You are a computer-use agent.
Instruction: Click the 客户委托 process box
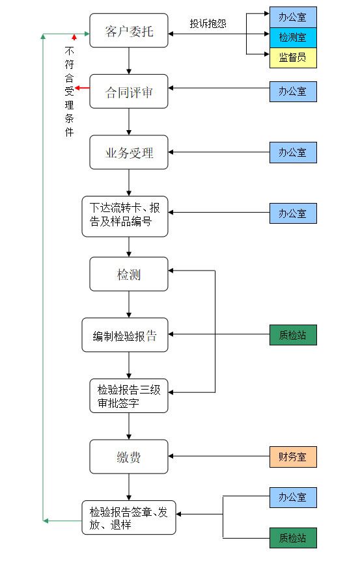tap(129, 31)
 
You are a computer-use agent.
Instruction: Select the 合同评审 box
tap(129, 92)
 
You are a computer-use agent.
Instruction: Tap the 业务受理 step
tap(129, 152)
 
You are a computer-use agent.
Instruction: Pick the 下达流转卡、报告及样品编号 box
tap(125, 217)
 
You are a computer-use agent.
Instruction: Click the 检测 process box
tap(129, 274)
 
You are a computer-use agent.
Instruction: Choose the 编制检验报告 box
tap(125, 335)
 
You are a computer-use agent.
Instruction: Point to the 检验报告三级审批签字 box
tap(129, 395)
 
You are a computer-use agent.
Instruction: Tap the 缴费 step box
tap(129, 457)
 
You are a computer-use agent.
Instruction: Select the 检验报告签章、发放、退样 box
tap(129, 518)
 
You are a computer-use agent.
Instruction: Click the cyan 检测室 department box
tap(293, 37)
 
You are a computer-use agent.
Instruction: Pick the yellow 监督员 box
tap(293, 58)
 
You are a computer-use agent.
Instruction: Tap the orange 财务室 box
tap(293, 457)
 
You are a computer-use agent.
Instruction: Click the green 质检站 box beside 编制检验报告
tap(293, 335)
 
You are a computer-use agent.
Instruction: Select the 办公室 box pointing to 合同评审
tap(293, 92)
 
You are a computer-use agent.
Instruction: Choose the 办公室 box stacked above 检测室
tap(293, 17)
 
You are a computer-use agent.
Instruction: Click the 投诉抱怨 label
tap(208, 23)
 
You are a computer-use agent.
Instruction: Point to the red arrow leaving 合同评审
tap(82, 88)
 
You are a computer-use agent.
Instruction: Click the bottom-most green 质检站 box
tap(293, 538)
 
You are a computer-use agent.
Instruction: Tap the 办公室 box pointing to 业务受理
tap(293, 153)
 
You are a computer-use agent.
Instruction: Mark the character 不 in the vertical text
tap(69, 51)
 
